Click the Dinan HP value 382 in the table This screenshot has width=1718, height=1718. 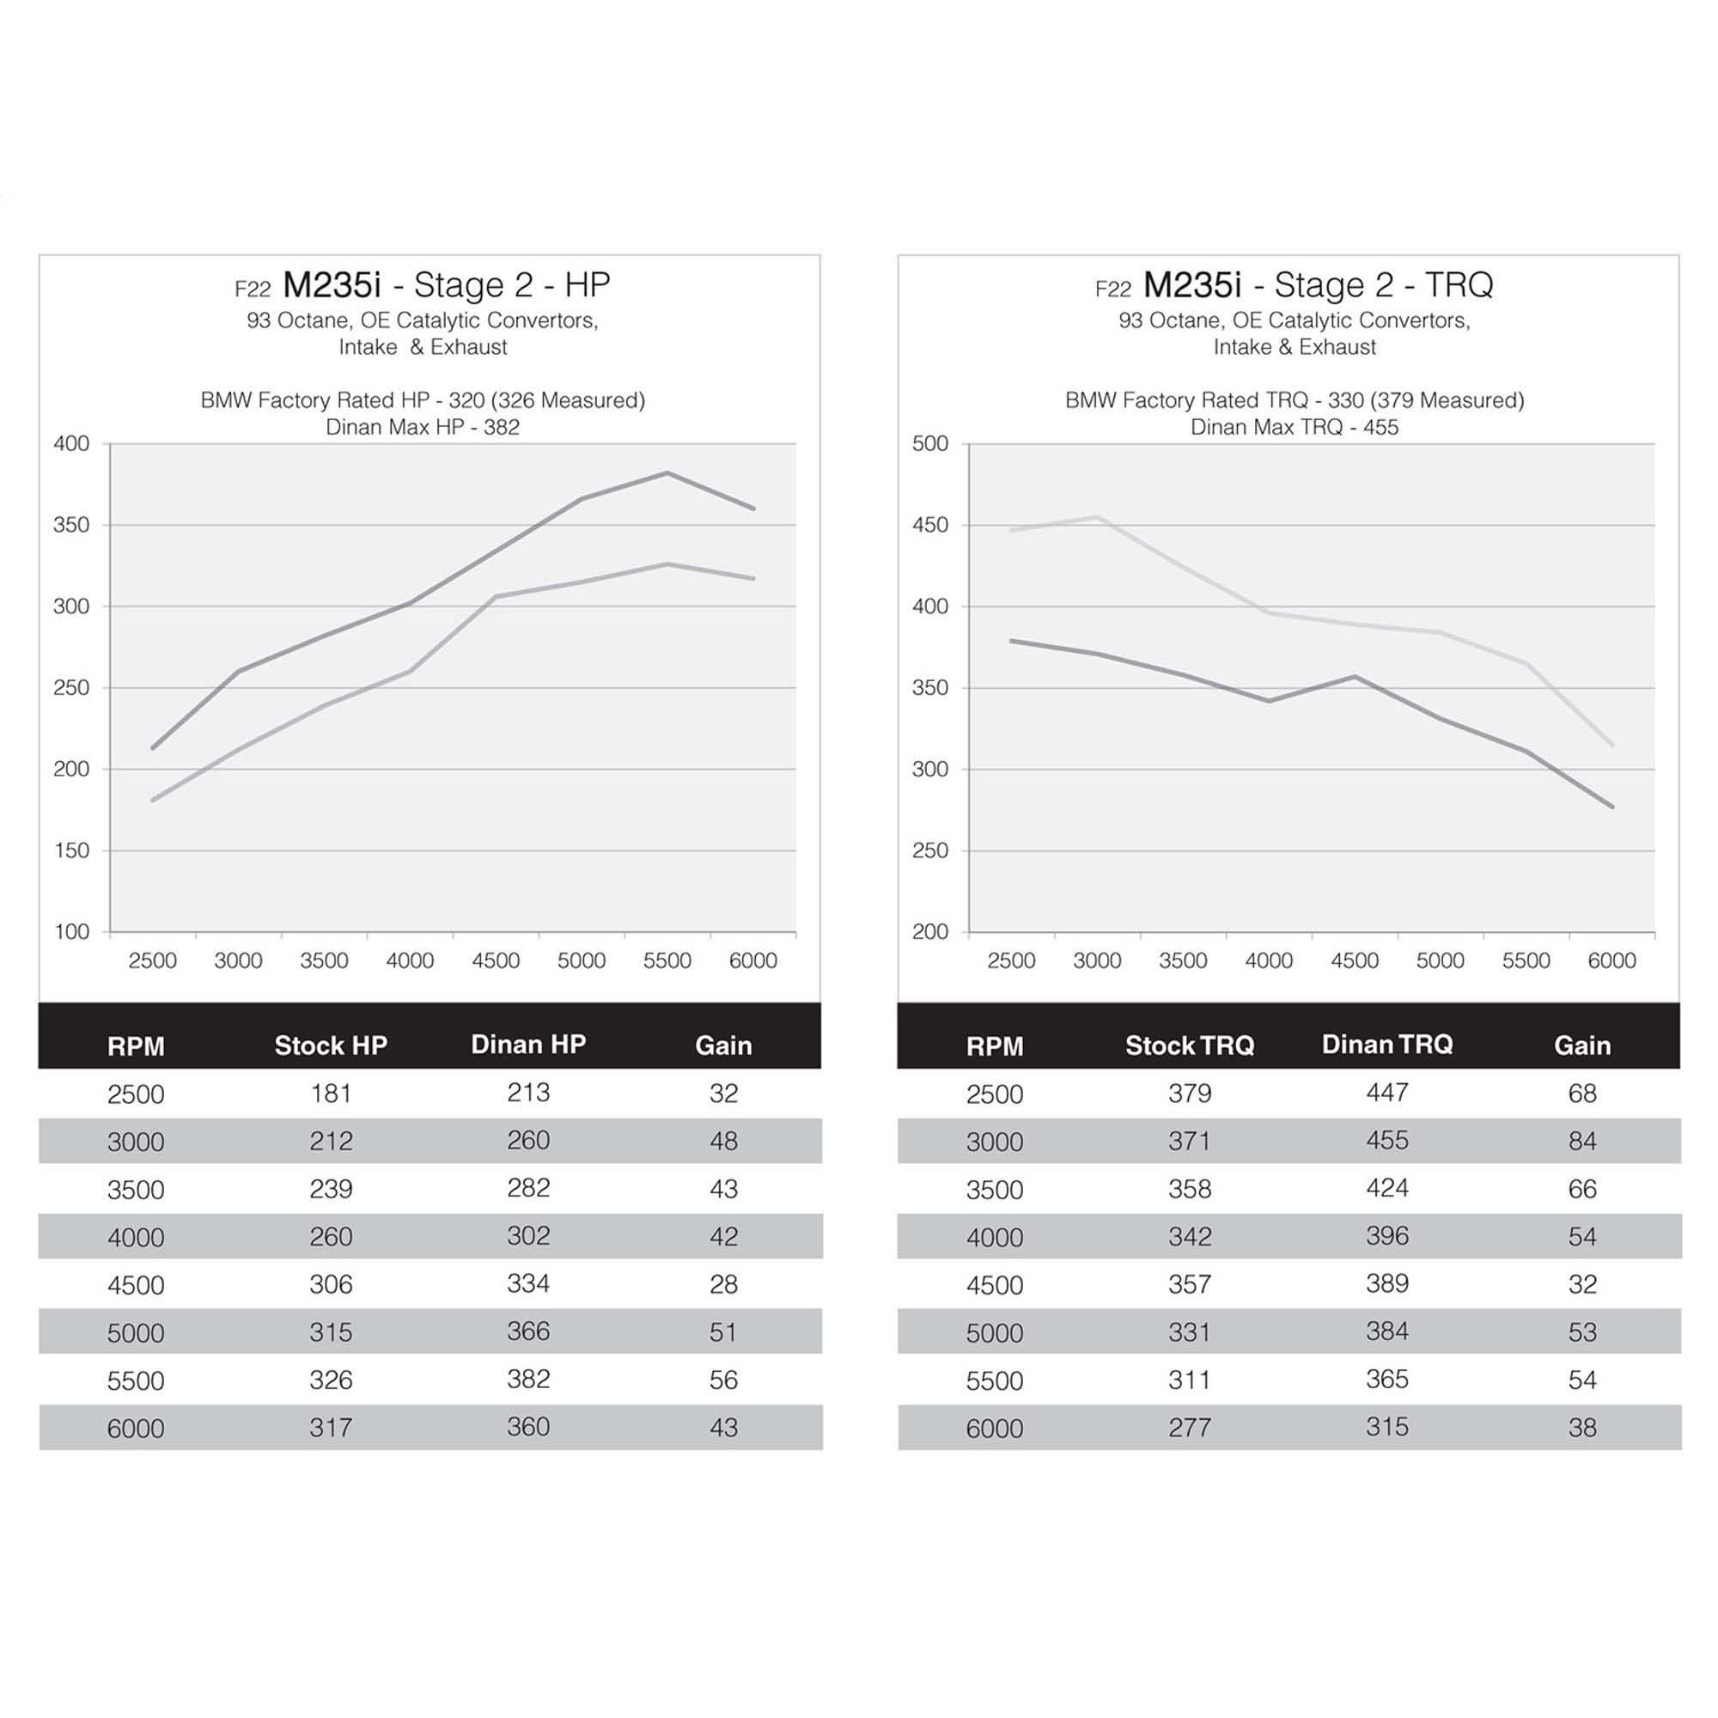528,1380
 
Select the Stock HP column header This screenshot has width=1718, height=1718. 331,1045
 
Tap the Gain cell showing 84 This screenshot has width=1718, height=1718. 1582,1141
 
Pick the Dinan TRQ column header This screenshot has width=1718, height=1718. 1386,1044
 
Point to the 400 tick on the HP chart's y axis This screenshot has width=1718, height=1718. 72,444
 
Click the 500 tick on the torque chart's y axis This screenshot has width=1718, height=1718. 930,444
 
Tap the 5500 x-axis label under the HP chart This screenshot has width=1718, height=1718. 667,960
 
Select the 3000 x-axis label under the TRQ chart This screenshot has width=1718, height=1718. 1097,960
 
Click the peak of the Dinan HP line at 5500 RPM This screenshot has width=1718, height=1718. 667,473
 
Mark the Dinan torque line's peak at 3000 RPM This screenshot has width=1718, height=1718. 1097,516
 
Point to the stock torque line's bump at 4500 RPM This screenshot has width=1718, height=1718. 1355,677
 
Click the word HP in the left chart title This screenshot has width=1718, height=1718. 588,284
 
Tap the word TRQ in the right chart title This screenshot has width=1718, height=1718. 1459,284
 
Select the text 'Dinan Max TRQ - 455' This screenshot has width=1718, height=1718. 1294,427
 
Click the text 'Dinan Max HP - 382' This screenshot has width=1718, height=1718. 423,427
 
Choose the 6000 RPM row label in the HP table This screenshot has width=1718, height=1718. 135,1429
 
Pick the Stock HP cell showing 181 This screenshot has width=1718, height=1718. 331,1093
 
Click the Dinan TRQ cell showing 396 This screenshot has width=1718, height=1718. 1386,1236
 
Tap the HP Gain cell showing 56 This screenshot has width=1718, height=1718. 723,1380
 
